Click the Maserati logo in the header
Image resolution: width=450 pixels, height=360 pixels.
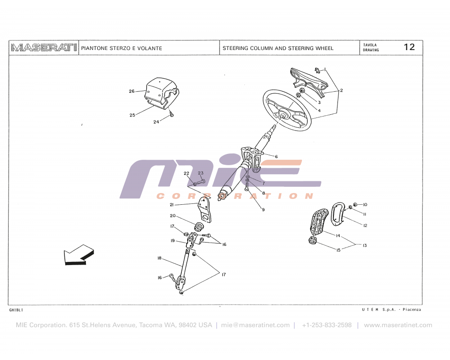tap(44, 48)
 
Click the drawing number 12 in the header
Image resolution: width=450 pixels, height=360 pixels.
tap(409, 47)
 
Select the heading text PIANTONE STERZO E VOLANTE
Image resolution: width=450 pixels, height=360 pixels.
tap(121, 48)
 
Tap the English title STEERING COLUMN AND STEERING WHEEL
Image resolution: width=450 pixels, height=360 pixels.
tap(278, 48)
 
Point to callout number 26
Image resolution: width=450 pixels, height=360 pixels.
tap(131, 91)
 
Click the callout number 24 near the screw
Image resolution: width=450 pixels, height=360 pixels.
tap(156, 122)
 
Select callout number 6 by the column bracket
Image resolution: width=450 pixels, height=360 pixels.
tap(276, 157)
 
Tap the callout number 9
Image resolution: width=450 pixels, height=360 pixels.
tap(263, 210)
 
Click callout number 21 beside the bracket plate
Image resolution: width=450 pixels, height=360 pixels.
tap(171, 205)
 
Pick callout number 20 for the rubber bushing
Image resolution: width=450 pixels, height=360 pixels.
tap(172, 216)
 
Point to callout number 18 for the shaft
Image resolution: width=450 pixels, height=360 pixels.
tap(159, 258)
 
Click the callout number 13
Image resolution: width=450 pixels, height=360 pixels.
tap(364, 246)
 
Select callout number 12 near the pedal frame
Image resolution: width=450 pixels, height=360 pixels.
tap(365, 225)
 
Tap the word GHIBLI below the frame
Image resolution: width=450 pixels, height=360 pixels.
tap(16, 310)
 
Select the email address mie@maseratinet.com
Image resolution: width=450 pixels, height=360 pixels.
tap(255, 325)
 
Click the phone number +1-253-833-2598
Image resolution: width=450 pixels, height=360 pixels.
tap(327, 325)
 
